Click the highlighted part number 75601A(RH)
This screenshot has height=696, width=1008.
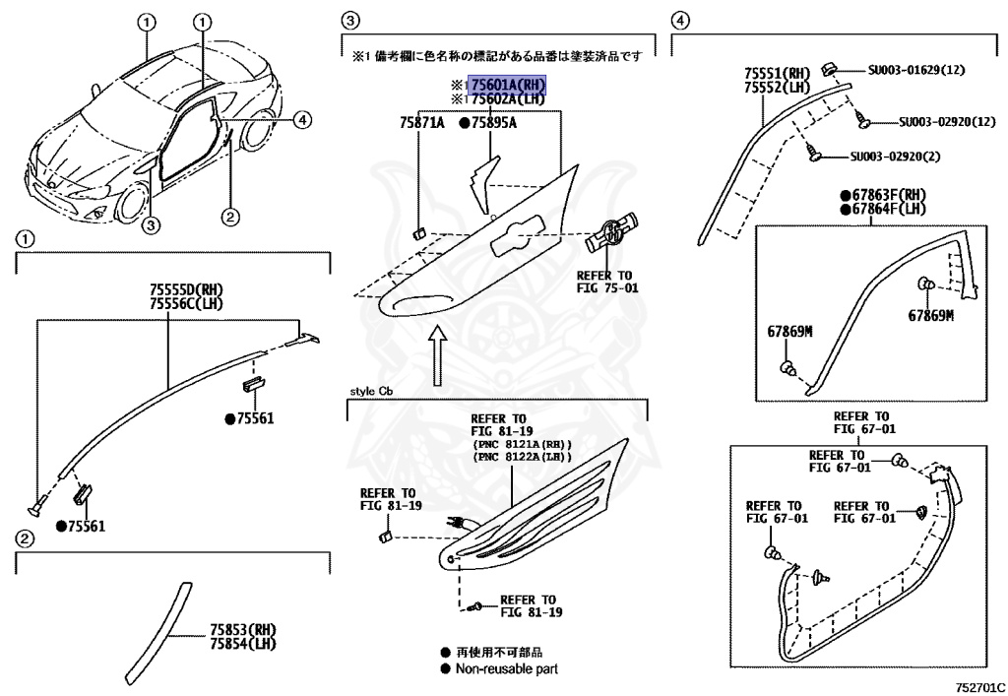click(508, 85)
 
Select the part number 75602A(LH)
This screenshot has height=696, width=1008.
click(507, 99)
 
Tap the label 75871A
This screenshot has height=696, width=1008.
click(422, 123)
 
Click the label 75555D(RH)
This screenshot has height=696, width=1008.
click(187, 288)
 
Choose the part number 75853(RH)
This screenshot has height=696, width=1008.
click(242, 629)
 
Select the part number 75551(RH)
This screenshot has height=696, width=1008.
click(777, 74)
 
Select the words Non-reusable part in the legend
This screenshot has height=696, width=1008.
click(506, 669)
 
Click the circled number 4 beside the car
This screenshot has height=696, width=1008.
click(302, 120)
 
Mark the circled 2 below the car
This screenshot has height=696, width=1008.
click(228, 217)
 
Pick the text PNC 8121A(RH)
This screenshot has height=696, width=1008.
click(523, 442)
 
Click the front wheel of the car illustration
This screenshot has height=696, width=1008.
click(130, 204)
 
